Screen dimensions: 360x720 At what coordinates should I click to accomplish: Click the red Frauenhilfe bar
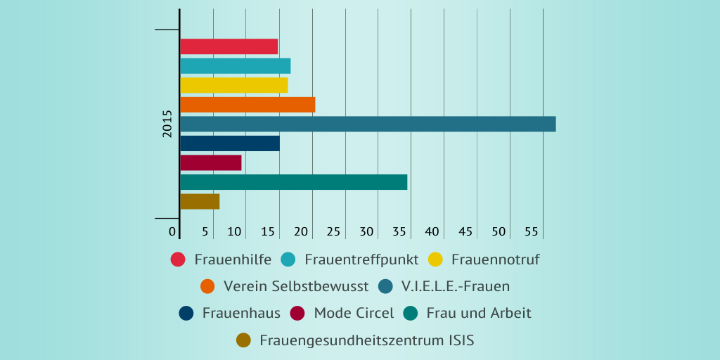[x=229, y=46]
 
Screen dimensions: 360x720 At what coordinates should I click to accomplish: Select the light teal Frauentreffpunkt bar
[x=235, y=66]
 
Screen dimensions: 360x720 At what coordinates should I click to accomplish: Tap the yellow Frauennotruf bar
[x=233, y=85]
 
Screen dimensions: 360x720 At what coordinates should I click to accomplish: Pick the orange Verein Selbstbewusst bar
[x=247, y=105]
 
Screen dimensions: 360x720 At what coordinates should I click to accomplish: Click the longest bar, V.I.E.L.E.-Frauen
[x=368, y=124]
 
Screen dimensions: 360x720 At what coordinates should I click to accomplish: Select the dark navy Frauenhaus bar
[x=229, y=143]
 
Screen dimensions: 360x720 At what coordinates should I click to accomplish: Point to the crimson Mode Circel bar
[x=210, y=162]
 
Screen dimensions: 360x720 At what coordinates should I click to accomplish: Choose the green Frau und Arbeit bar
[x=293, y=182]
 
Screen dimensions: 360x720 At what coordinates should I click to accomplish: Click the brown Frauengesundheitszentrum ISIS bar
[x=200, y=201]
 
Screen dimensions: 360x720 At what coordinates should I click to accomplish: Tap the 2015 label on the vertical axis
[x=167, y=124]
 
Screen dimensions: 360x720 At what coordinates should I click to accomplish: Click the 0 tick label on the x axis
[x=172, y=231]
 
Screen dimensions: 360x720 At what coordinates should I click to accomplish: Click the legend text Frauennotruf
[x=495, y=259]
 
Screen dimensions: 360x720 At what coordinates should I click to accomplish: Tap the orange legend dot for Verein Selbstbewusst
[x=207, y=286]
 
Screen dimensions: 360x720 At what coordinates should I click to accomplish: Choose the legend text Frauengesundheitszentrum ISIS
[x=366, y=341]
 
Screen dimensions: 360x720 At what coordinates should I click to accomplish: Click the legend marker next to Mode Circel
[x=297, y=313]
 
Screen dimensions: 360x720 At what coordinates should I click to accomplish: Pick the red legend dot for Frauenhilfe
[x=178, y=259]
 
